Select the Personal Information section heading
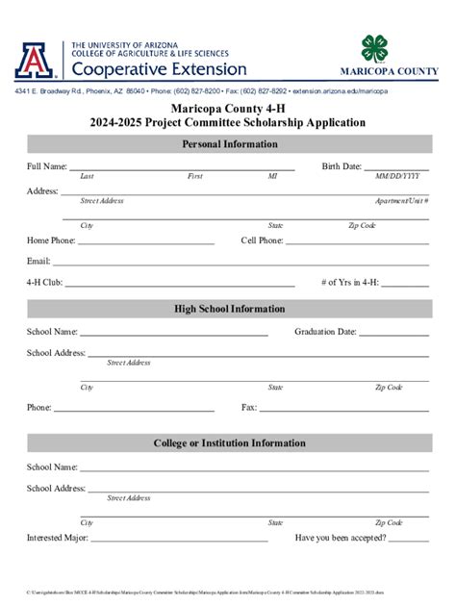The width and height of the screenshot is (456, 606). pos(229,144)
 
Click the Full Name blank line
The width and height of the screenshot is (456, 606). pos(182,168)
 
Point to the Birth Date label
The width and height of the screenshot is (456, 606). pos(342,166)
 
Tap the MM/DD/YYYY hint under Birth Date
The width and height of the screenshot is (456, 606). pos(397,177)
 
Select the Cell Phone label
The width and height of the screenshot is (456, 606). pos(262,240)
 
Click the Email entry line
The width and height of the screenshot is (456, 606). pos(241,263)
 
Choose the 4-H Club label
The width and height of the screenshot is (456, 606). pos(44,283)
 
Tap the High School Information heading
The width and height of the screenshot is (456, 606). pos(229,309)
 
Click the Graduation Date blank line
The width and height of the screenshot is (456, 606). pos(393,334)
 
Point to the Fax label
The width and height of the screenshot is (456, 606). pos(249,407)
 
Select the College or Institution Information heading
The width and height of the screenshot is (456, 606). pos(229,443)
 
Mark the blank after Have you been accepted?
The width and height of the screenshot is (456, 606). pos(409,540)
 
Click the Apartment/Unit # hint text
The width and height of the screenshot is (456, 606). pos(401,201)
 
